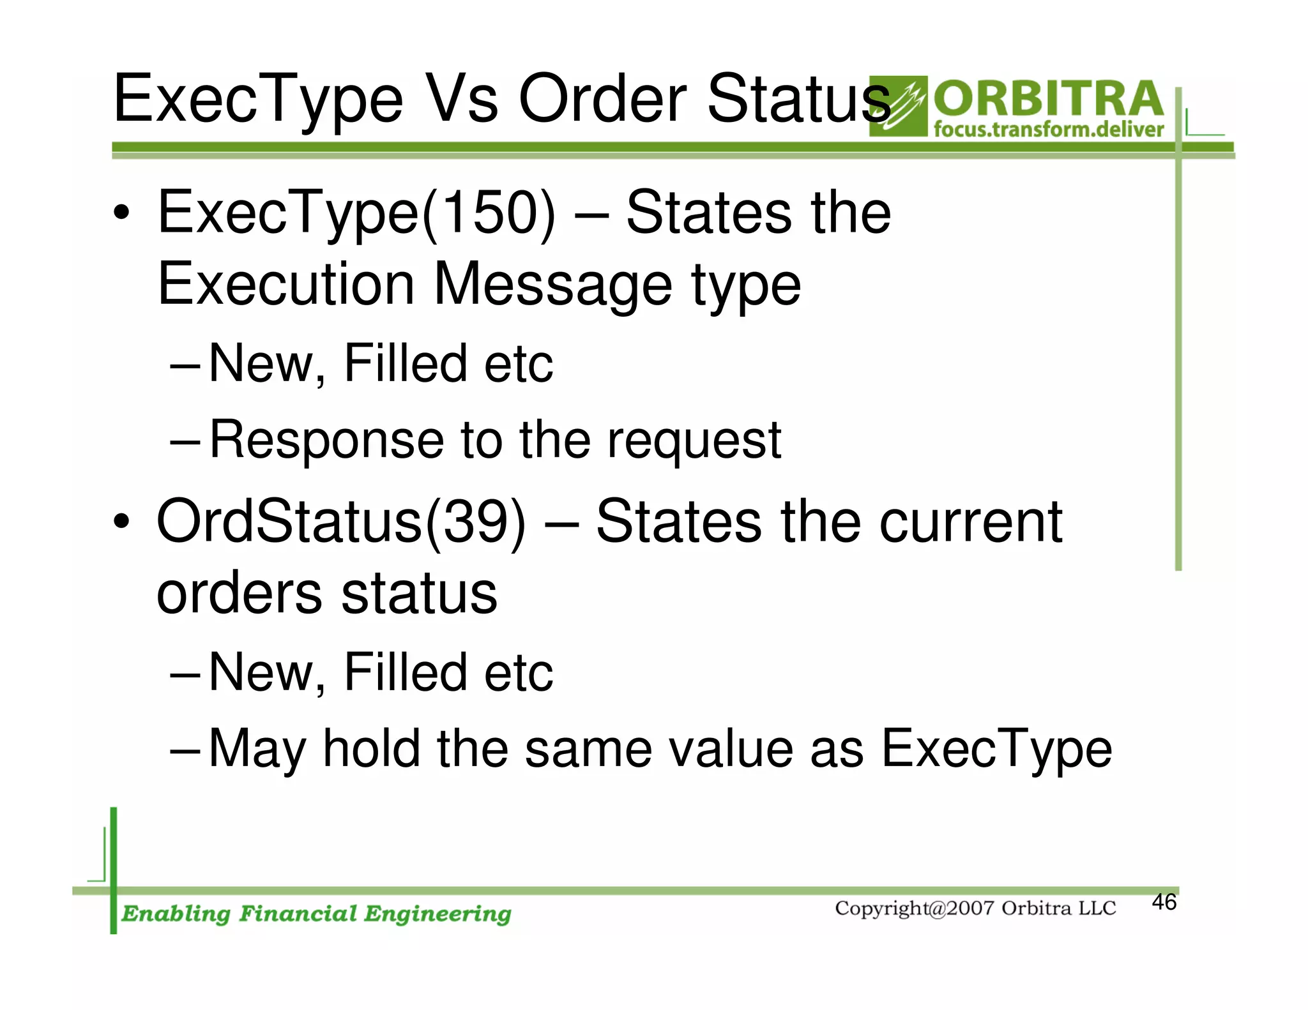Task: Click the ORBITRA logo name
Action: tap(1047, 99)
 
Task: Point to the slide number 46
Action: tap(1164, 902)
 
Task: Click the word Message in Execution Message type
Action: tap(552, 285)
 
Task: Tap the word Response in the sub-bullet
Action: tap(326, 440)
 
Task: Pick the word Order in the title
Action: tap(603, 100)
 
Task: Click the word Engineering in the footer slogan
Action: tap(437, 914)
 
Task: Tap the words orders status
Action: tap(326, 594)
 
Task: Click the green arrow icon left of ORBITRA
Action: tap(897, 107)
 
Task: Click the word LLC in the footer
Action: tap(1097, 908)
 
